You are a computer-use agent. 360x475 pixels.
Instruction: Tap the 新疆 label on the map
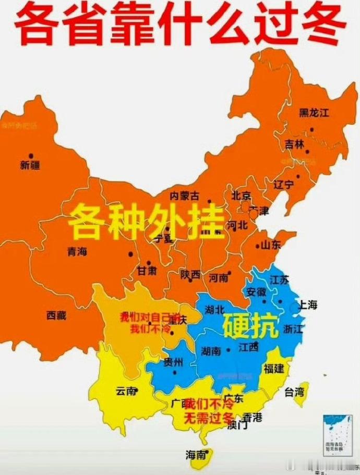(30, 166)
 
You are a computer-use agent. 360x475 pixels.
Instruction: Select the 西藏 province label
(56, 315)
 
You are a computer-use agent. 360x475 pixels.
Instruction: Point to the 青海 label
(77, 251)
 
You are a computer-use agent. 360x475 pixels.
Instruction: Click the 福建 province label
(273, 369)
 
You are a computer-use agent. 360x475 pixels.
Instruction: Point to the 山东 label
(270, 245)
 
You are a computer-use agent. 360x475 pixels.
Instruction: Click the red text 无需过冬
(208, 417)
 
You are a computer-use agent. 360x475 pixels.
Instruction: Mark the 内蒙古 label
(185, 196)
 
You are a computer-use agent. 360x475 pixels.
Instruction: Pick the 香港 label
(252, 417)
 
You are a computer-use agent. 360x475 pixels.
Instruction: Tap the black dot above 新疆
(31, 155)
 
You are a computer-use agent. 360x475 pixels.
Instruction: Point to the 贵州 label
(173, 362)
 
